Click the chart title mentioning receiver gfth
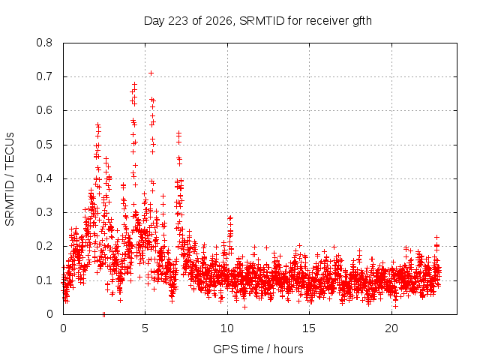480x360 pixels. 258,21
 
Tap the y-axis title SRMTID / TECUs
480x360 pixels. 10,179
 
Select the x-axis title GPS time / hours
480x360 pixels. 258,349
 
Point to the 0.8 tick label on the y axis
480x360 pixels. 44,43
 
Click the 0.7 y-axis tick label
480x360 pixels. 44,76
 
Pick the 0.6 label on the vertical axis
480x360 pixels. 44,110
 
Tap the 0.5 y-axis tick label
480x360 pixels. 44,145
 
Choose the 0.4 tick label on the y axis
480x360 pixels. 44,178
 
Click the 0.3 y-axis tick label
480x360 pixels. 44,212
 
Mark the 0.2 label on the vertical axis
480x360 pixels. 44,246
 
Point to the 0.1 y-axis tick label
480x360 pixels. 44,280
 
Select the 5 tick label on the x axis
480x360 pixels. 145,328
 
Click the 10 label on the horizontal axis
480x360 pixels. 227,328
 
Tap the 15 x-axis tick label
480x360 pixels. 309,328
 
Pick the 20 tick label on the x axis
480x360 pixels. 391,328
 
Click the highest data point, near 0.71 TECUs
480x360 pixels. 151,73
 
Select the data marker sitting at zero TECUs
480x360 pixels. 103,314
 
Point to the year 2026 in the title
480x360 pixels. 219,21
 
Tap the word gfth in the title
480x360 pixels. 362,21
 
